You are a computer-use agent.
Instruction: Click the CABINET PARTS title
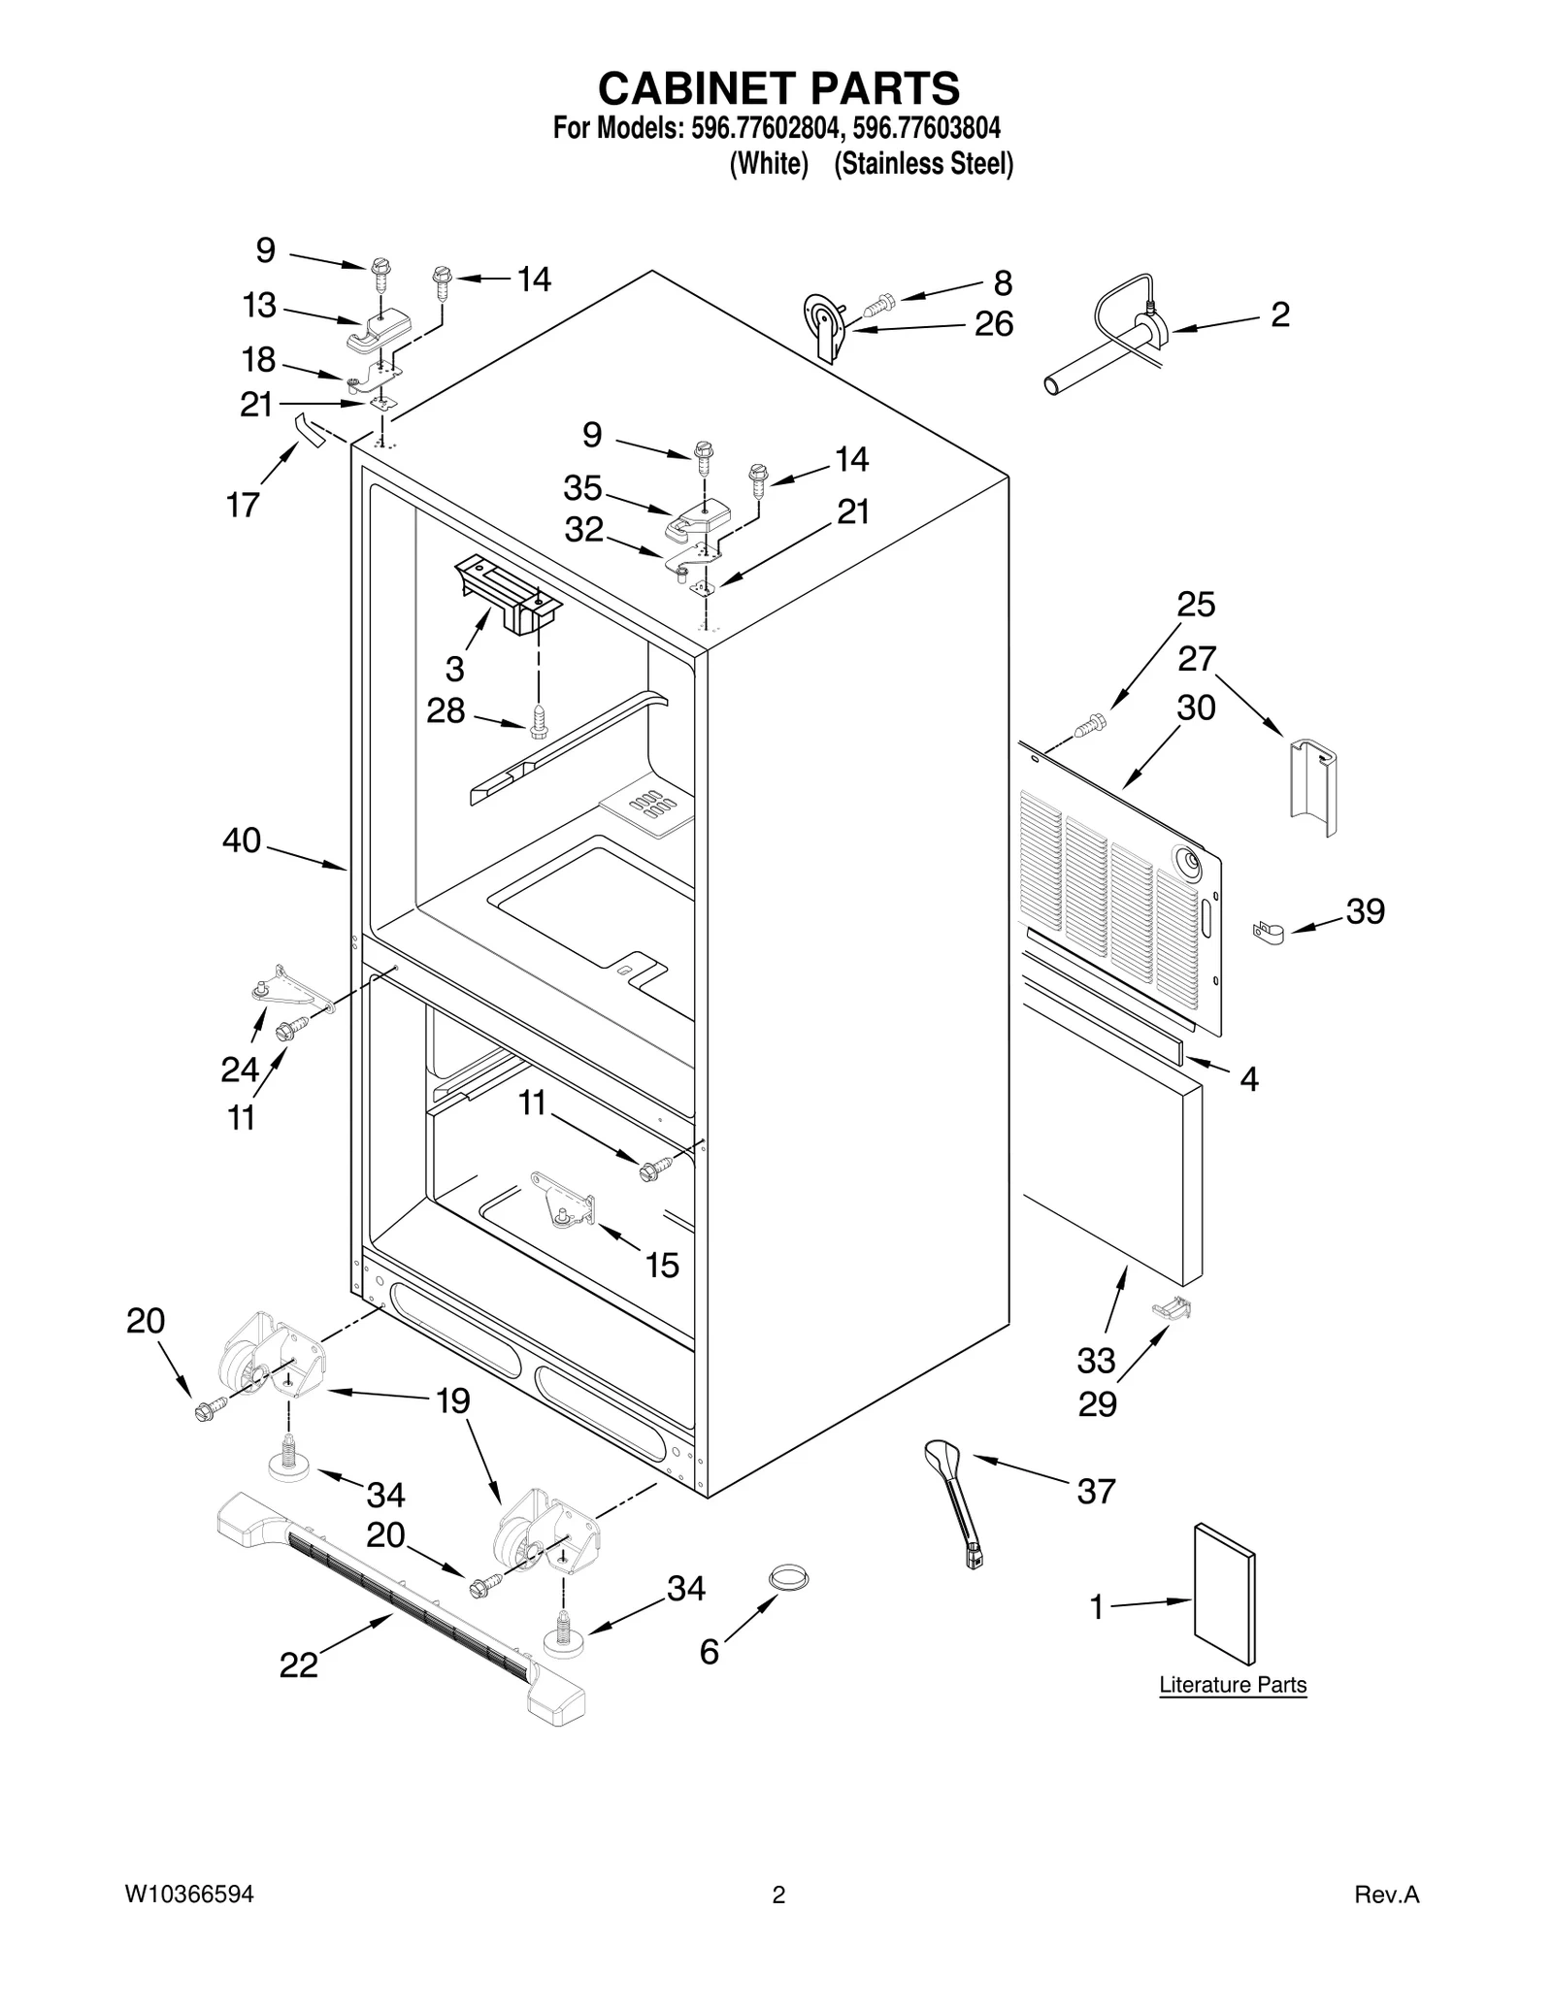[778, 89]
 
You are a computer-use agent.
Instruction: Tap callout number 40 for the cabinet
[242, 840]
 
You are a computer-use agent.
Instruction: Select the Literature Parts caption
[1233, 1685]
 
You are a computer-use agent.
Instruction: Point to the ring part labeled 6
[789, 1577]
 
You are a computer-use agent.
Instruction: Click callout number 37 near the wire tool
[1096, 1491]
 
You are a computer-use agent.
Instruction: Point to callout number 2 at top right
[1279, 314]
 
